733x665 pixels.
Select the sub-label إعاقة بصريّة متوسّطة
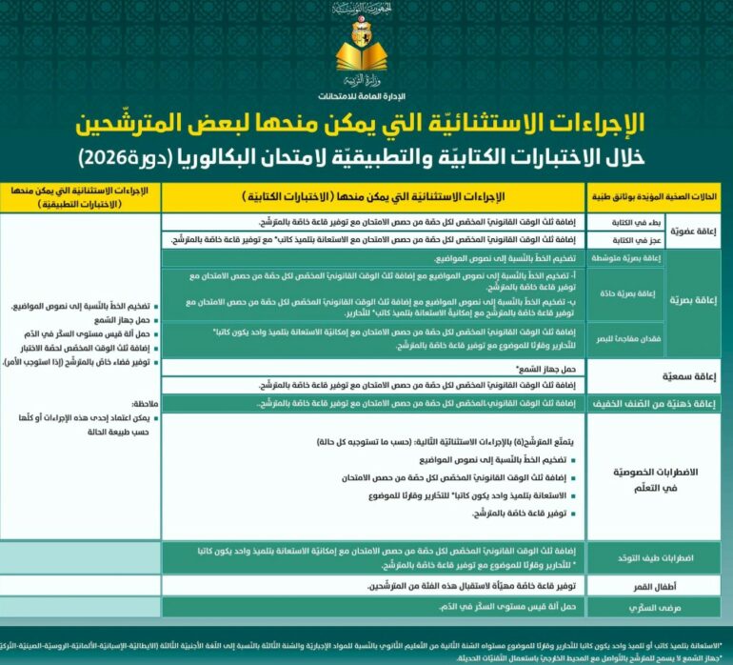point(615,258)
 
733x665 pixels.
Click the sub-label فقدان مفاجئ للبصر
point(615,339)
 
